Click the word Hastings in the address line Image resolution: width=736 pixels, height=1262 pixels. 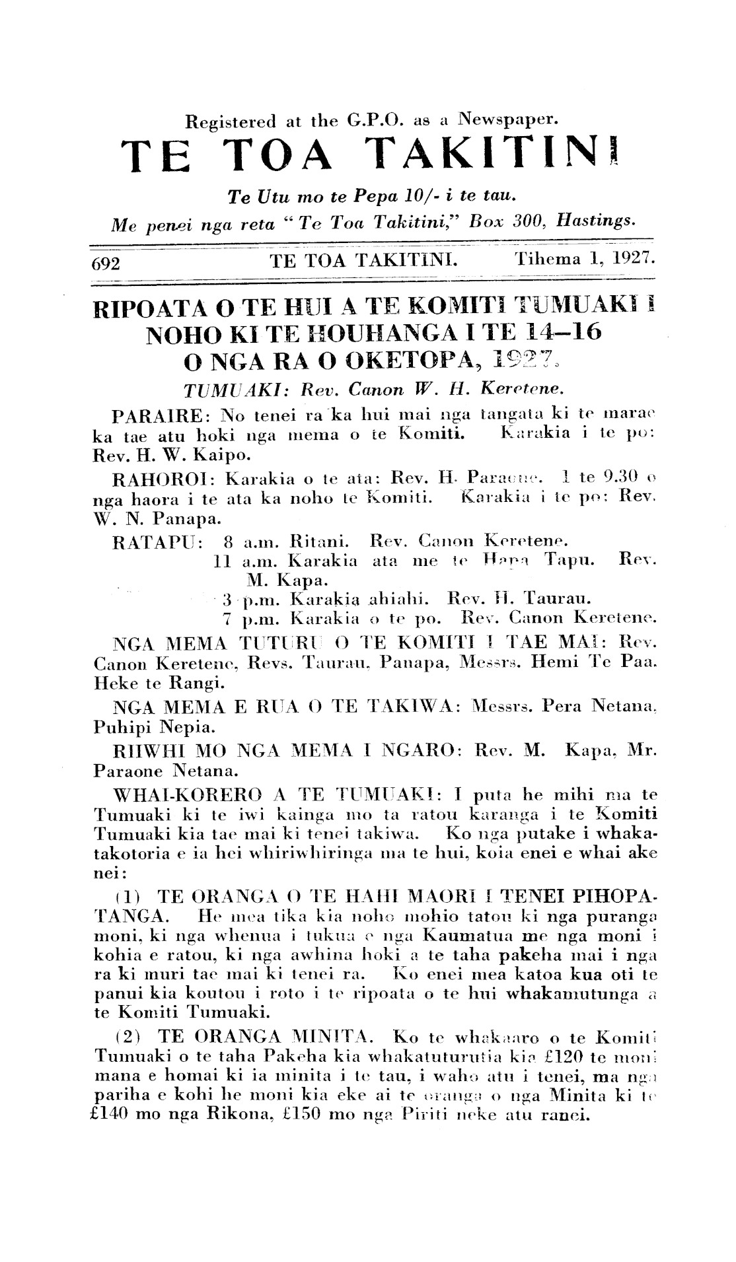pyautogui.click(x=595, y=221)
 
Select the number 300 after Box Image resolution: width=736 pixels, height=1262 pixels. pyautogui.click(x=526, y=221)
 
